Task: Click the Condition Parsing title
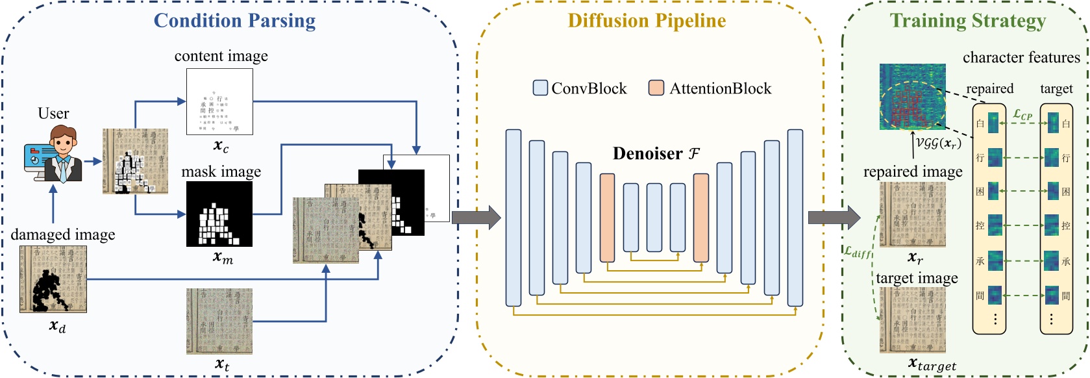pos(234,21)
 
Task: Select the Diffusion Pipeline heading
pos(647,21)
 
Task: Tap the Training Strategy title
pos(967,21)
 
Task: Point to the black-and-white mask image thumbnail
pos(219,214)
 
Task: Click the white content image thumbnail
pos(219,102)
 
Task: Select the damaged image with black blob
pos(53,279)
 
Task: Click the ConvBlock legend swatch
pos(540,88)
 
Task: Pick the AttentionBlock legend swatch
pos(656,88)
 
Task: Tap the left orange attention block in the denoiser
pos(607,218)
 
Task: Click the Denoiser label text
pos(656,154)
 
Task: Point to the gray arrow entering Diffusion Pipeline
pos(476,218)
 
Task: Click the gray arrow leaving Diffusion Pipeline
pos(834,218)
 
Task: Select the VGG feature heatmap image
pos(912,97)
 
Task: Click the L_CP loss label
pos(1022,115)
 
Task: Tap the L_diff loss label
pos(858,252)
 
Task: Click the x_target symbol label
pos(932,364)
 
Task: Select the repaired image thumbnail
pos(912,214)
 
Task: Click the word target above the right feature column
pos(1056,89)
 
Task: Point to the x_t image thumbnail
pos(219,321)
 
